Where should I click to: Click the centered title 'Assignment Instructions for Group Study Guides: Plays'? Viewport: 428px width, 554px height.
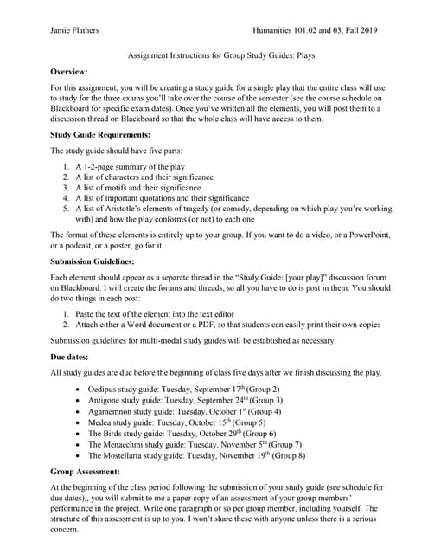pos(214,52)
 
